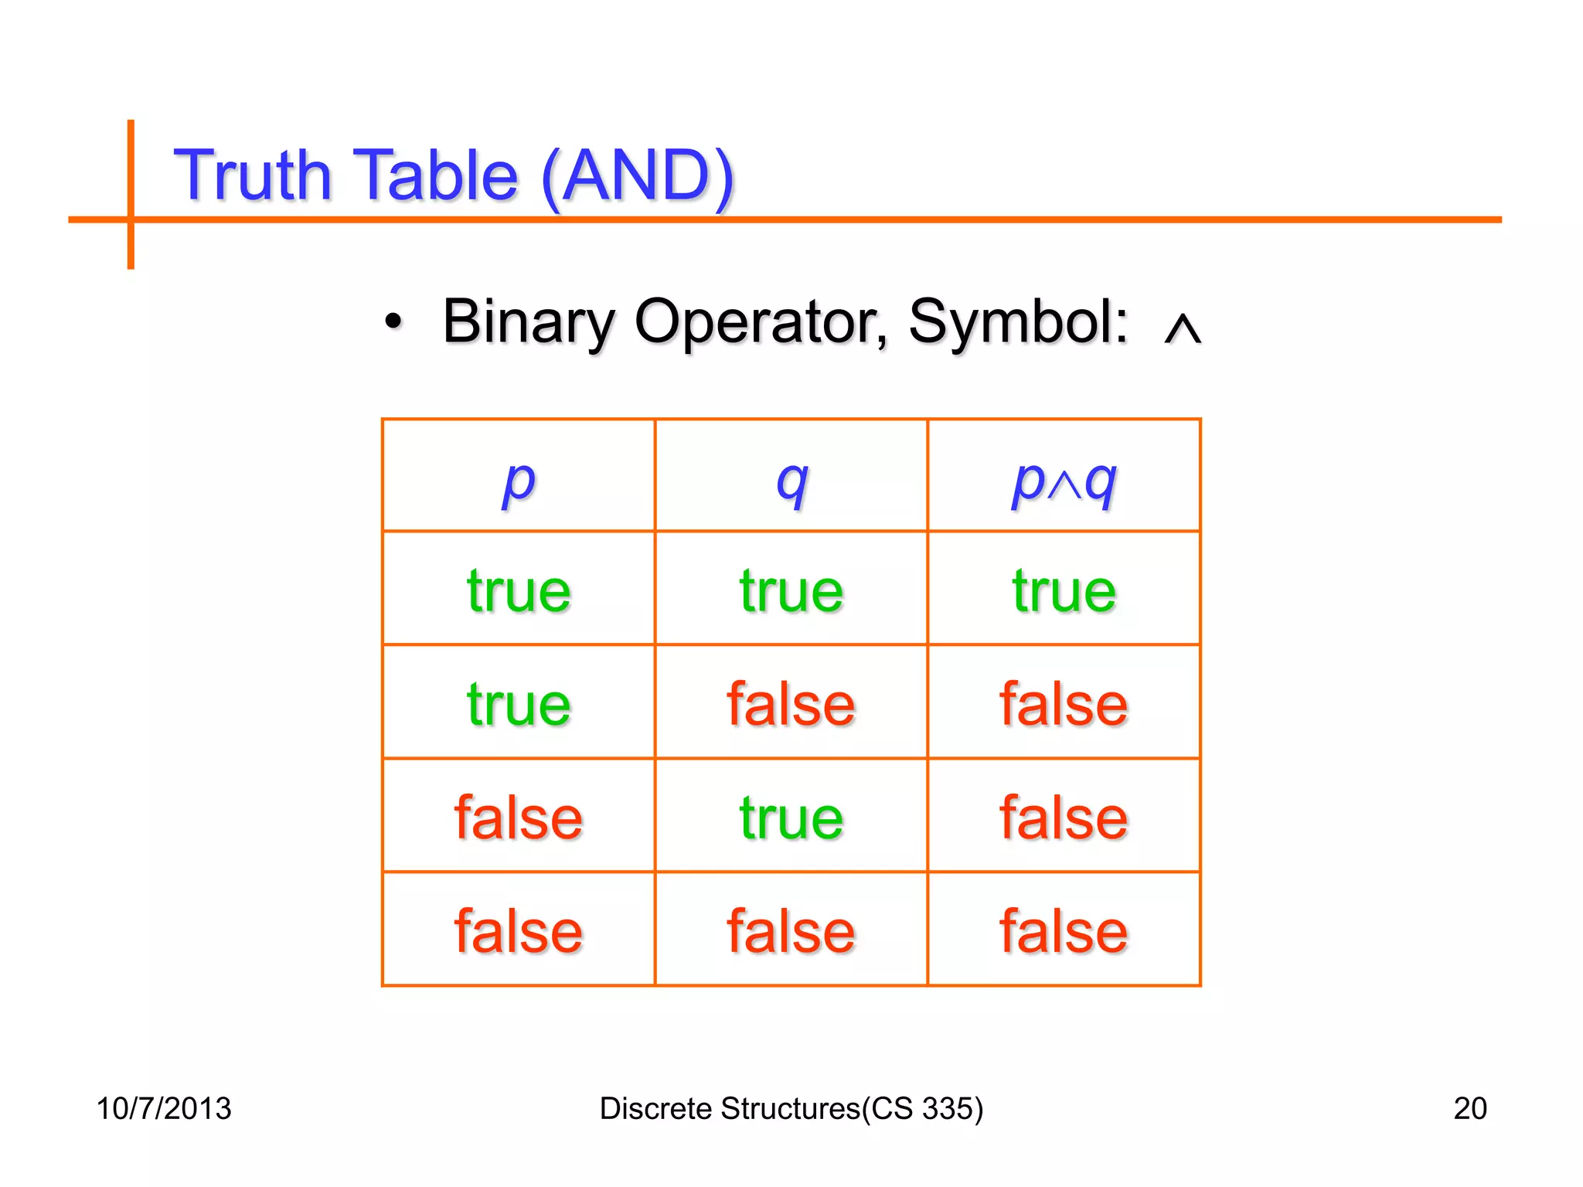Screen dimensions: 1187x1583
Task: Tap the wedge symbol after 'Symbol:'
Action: click(1182, 328)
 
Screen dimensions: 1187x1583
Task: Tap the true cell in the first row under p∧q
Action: click(1064, 591)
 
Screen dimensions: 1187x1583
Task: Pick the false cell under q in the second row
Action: click(791, 704)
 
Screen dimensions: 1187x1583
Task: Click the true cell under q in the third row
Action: click(791, 818)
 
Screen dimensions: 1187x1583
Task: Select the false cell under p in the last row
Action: click(518, 930)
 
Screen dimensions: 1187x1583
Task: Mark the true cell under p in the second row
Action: click(518, 704)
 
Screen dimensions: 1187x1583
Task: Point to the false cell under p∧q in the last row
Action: click(1064, 930)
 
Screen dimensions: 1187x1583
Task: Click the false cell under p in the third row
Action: click(518, 818)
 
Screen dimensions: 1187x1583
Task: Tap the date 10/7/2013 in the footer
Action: click(163, 1108)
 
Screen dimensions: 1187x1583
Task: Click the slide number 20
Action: click(1469, 1108)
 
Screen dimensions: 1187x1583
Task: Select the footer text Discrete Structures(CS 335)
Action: click(791, 1108)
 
